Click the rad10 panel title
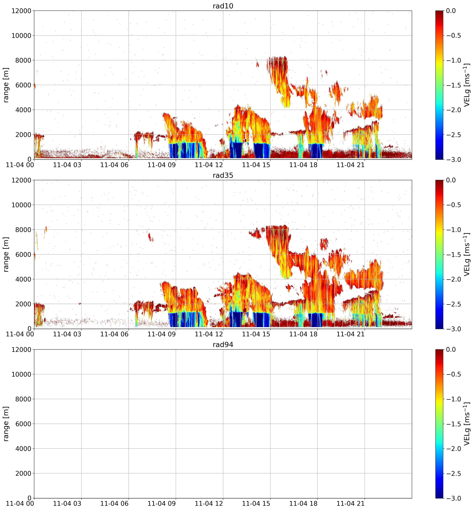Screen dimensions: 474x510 click(x=223, y=6)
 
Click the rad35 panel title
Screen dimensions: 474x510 click(x=223, y=175)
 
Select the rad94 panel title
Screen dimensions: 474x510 click(x=223, y=345)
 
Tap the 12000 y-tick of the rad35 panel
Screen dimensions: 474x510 click(x=21, y=180)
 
